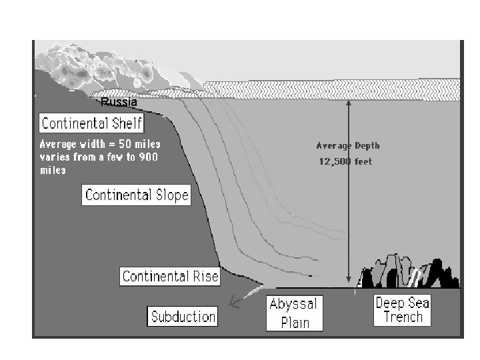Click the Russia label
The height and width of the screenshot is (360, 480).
point(119,103)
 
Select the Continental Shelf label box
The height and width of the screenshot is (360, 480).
point(91,123)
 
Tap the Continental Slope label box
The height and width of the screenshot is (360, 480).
point(137,195)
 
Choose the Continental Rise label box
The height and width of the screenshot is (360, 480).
point(170,276)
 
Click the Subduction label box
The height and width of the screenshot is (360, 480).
point(183,316)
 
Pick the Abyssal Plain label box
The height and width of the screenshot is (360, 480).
point(293,313)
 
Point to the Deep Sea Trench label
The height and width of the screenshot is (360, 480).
point(402,310)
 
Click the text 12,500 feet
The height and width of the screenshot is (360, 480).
point(345,162)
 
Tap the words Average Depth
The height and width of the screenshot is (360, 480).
point(347,145)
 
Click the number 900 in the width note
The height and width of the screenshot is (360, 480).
point(149,157)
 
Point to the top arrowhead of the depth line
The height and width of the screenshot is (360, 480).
point(347,103)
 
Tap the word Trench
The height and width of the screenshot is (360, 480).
point(403,317)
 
